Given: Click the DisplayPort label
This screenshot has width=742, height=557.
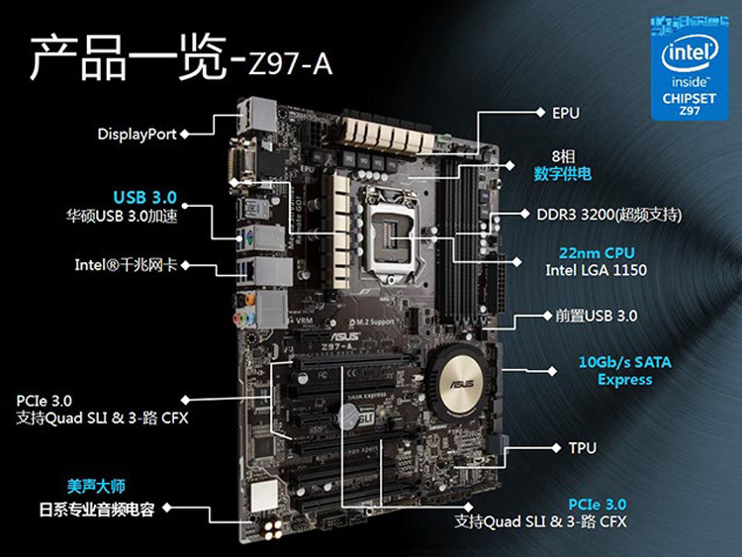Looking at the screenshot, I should (137, 133).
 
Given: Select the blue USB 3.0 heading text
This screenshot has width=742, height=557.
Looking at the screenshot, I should (144, 197).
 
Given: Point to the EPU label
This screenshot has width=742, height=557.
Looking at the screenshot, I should (566, 113).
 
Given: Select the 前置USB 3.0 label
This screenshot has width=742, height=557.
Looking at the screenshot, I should (592, 317).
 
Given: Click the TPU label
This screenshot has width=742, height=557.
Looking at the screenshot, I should (583, 448).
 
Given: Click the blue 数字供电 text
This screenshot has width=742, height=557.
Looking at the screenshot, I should (563, 174).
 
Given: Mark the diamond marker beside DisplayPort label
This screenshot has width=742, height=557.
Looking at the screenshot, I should (188, 133).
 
